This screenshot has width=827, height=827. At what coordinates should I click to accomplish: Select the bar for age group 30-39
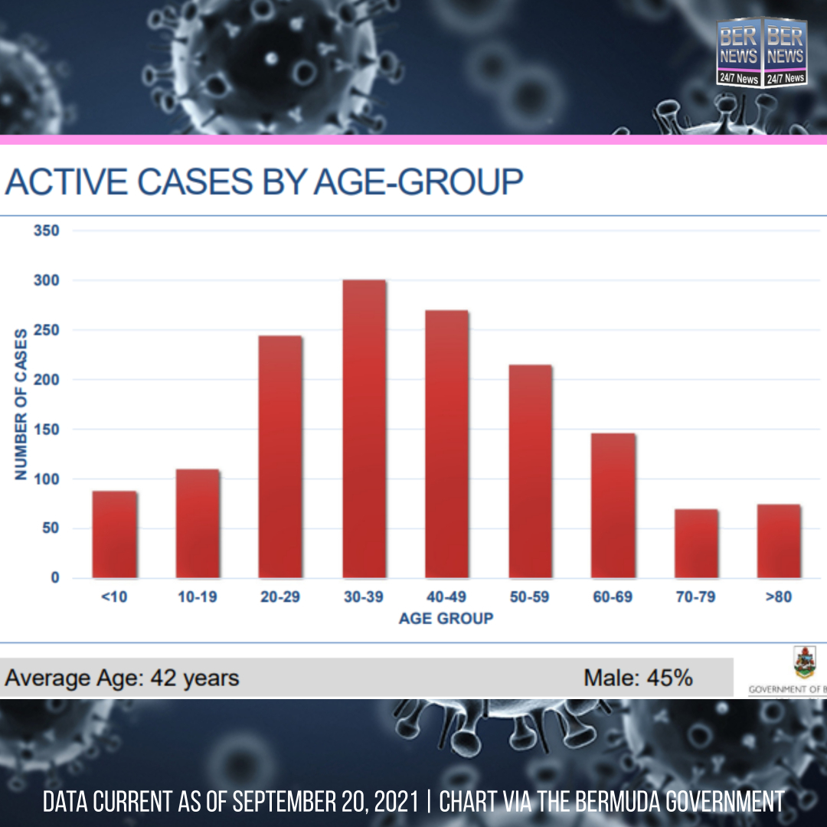click(x=364, y=429)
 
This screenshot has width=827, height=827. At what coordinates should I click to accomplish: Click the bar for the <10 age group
click(x=114, y=534)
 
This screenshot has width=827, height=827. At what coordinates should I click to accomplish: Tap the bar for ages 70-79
click(x=696, y=544)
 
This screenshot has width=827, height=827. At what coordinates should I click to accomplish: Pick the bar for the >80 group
click(x=779, y=541)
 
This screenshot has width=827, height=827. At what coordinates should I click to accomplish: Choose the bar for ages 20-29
click(x=280, y=456)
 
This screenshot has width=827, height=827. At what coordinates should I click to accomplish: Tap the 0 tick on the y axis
click(x=54, y=578)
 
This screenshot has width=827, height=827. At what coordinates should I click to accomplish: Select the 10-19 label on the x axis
click(x=197, y=597)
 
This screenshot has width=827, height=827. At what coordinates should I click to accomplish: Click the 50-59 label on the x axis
click(x=529, y=597)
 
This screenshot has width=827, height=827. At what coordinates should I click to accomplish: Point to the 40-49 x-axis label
click(x=446, y=597)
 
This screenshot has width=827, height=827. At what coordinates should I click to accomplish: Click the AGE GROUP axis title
click(x=446, y=618)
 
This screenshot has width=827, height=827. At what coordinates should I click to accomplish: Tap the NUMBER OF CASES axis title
click(x=21, y=404)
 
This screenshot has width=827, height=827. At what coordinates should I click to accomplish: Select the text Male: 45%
click(x=638, y=678)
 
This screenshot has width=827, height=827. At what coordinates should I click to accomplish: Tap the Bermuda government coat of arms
click(x=805, y=663)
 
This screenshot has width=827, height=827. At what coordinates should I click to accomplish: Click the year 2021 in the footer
click(x=392, y=802)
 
